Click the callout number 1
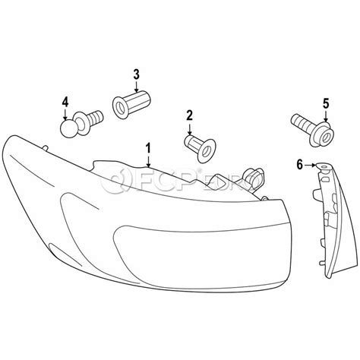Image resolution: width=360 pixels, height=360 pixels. coord(148,148)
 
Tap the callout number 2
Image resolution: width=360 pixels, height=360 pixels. coord(189,115)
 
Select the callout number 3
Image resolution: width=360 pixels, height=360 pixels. coord(137,74)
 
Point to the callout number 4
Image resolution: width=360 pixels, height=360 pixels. coord(65,102)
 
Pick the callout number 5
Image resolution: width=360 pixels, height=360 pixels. coord(326,103)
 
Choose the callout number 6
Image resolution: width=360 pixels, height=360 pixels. coord(300,165)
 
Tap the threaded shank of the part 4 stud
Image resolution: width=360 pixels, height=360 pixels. coord(96,118)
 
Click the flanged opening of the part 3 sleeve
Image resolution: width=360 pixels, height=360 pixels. coord(120,108)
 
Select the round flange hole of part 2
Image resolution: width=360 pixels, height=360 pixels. coord(207,150)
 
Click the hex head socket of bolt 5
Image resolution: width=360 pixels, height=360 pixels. coord(325,137)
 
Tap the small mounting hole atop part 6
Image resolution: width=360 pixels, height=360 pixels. coord(324,167)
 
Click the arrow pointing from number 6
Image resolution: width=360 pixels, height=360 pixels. coord(310,166)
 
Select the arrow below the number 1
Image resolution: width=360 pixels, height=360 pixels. coord(148,161)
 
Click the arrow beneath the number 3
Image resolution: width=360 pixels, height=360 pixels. coord(137,86)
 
